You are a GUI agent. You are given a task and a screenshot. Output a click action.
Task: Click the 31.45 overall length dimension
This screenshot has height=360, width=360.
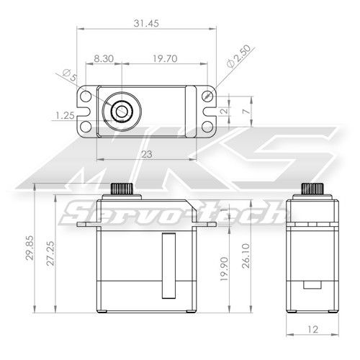pyautogui.click(x=146, y=24)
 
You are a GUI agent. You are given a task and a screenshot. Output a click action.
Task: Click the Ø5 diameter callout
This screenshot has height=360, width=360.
pyautogui.click(x=70, y=76)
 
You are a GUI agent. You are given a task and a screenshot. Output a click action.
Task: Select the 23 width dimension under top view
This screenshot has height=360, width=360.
pyautogui.click(x=146, y=153)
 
